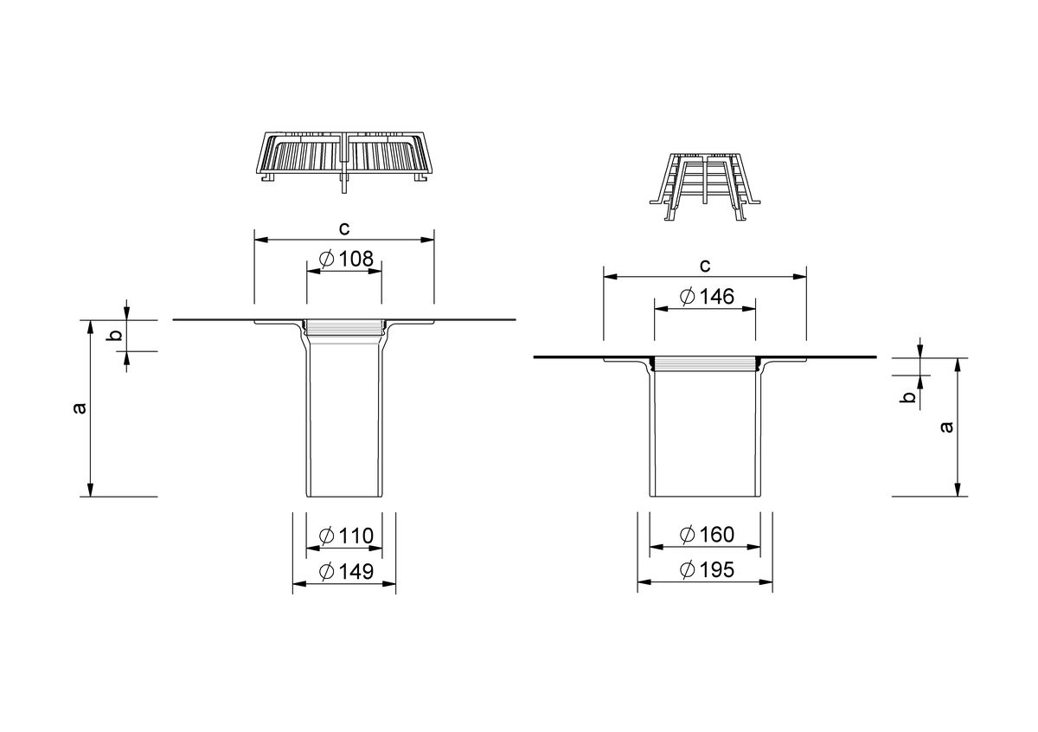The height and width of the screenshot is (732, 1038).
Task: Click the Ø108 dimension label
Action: coord(346,259)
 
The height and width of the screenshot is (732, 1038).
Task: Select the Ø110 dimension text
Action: coord(346,536)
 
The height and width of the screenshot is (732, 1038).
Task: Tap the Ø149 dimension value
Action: coord(346,572)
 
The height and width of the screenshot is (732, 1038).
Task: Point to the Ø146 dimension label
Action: coord(707,296)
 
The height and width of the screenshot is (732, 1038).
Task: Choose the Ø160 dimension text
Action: coord(707,535)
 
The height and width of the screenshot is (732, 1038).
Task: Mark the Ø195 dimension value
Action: coord(707,569)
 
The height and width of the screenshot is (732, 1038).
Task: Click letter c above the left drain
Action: coord(344,228)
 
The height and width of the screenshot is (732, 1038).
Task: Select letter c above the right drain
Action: coord(704,266)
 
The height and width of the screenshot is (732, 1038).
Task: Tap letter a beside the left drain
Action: coord(80,408)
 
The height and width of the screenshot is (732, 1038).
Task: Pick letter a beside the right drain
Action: coord(947,427)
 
